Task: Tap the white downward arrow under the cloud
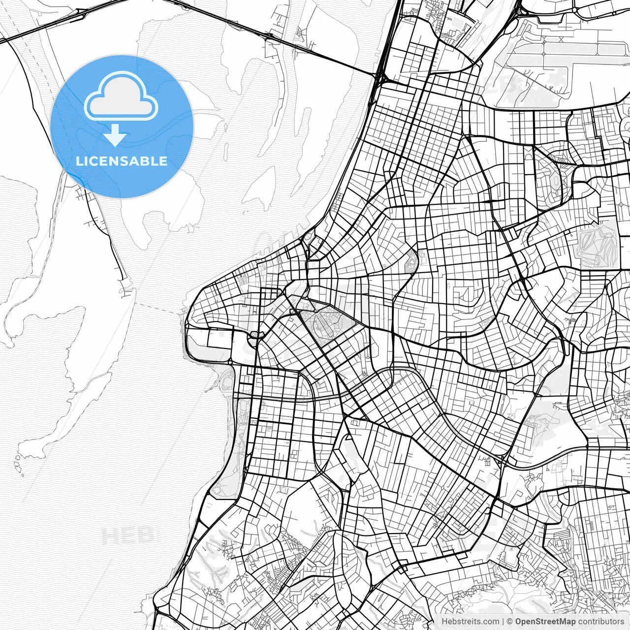click(116, 135)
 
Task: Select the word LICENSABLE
click(121, 161)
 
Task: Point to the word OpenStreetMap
click(545, 622)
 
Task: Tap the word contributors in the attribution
click(600, 622)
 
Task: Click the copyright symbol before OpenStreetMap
click(510, 622)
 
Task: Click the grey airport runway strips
click(566, 49)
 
